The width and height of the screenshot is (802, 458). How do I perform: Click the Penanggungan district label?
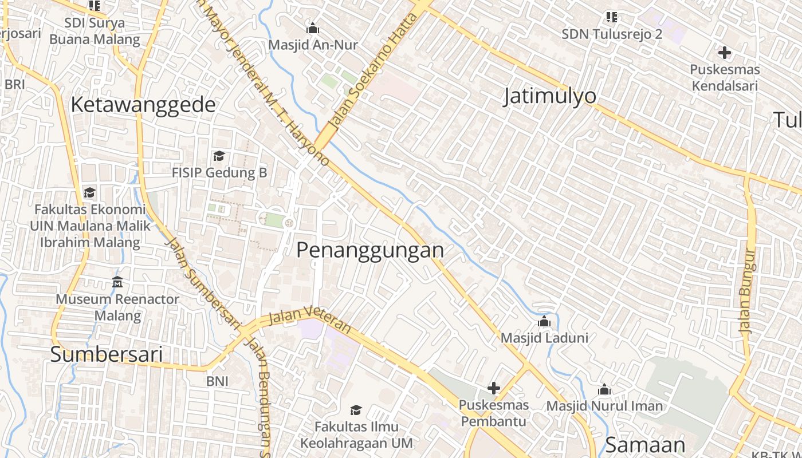pyautogui.click(x=370, y=251)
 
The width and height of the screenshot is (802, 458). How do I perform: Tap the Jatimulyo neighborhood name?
pyautogui.click(x=549, y=96)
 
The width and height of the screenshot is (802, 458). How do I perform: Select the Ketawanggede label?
pyautogui.click(x=143, y=105)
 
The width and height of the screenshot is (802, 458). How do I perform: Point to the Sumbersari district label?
pyautogui.click(x=107, y=354)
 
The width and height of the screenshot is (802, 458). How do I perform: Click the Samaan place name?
pyautogui.click(x=645, y=445)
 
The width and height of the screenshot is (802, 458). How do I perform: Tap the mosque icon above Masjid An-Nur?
pyautogui.click(x=313, y=28)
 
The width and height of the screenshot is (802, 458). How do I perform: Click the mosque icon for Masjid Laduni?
pyautogui.click(x=544, y=322)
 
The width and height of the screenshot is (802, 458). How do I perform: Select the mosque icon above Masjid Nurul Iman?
pyautogui.click(x=604, y=390)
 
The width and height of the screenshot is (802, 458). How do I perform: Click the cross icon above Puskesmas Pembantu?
pyautogui.click(x=493, y=389)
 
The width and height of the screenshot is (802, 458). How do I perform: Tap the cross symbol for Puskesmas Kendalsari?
pyautogui.click(x=724, y=53)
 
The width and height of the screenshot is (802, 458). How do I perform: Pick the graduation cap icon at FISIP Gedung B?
pyautogui.click(x=219, y=156)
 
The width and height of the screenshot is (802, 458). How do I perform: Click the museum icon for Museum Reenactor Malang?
pyautogui.click(x=117, y=282)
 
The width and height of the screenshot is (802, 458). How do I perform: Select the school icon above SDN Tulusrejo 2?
pyautogui.click(x=612, y=17)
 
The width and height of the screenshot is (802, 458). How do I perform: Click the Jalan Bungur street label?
pyautogui.click(x=748, y=292)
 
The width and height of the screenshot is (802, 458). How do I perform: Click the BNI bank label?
pyautogui.click(x=217, y=381)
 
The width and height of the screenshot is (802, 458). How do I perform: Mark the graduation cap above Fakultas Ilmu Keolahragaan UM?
pyautogui.click(x=356, y=410)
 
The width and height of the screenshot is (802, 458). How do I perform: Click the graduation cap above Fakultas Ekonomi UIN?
pyautogui.click(x=89, y=192)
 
